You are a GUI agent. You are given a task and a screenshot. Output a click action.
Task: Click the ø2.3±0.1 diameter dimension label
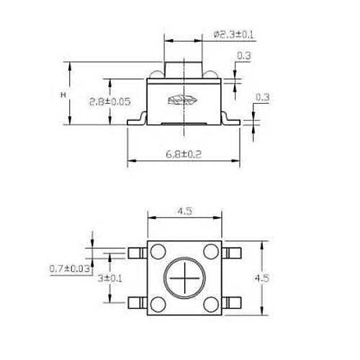coord(233,35)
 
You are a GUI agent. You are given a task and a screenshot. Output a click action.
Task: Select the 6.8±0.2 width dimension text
coord(184,154)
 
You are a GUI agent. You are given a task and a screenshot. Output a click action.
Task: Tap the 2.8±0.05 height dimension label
coord(110,102)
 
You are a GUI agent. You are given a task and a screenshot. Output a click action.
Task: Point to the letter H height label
coord(63,95)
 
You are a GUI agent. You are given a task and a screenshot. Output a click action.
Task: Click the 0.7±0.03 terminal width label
coord(70,268)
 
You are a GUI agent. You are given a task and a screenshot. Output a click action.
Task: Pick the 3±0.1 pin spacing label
coord(110,279)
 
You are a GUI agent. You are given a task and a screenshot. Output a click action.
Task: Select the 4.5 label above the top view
coord(184,211)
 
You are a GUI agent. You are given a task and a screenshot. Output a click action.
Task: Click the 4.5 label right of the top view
coord(262,278)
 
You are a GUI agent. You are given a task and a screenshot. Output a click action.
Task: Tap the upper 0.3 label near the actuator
coord(244,55)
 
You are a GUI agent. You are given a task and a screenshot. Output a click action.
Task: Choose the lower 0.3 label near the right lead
coord(263,97)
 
